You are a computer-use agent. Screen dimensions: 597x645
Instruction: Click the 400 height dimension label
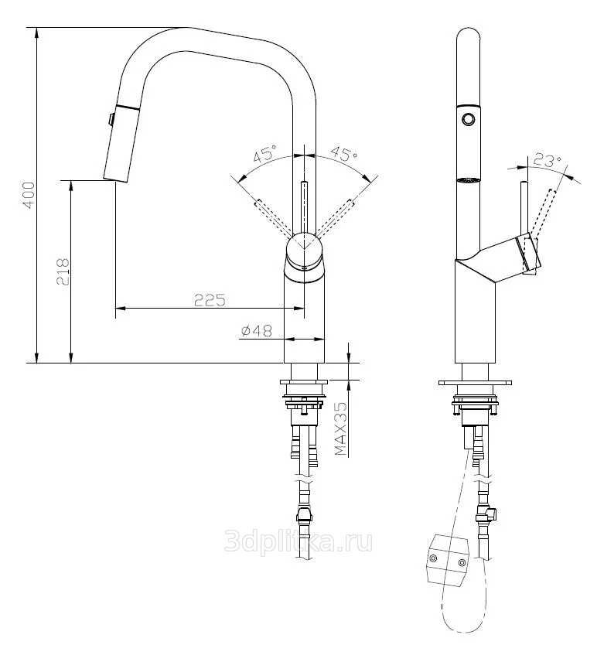(29, 195)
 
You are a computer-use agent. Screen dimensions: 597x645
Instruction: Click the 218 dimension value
(63, 272)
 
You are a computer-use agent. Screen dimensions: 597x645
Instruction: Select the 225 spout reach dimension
(210, 300)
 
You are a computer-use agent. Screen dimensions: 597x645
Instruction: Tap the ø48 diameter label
(256, 331)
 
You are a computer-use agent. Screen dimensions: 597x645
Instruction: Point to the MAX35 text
(341, 428)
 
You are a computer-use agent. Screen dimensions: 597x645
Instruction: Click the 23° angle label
(548, 160)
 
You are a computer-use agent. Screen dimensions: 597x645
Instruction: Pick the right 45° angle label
(344, 153)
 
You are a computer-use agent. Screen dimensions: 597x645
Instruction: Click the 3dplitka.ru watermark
(298, 541)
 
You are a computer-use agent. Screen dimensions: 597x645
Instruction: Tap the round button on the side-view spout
(468, 119)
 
